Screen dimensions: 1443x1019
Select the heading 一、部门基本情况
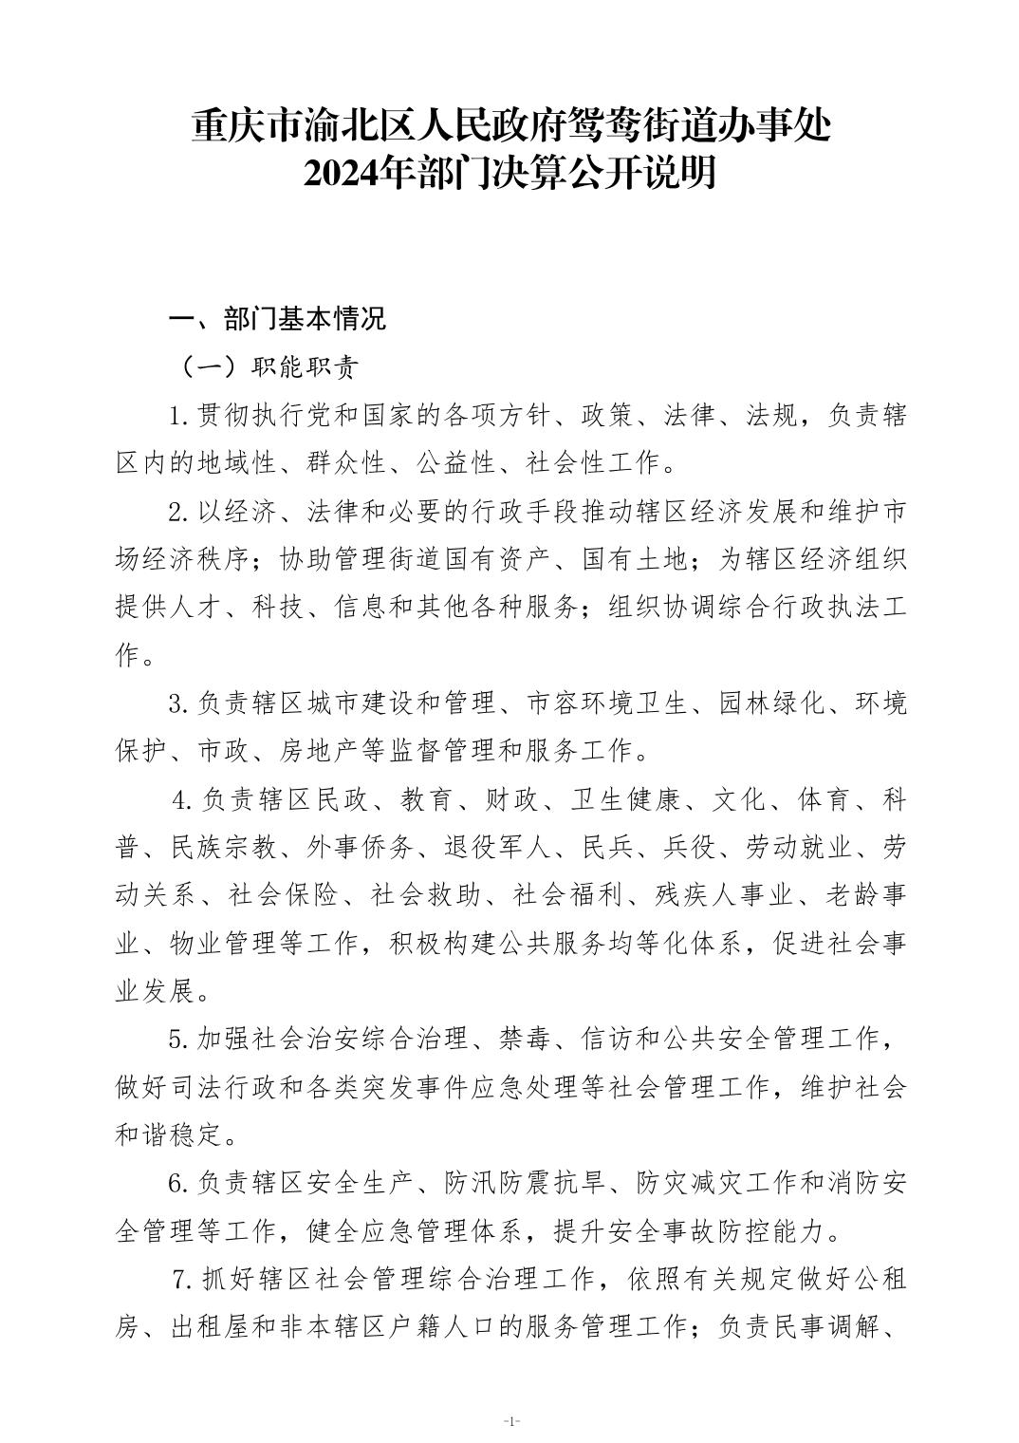pos(277,319)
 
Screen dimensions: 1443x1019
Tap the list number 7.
pos(180,1280)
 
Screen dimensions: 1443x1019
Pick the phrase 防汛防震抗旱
pos(525,1184)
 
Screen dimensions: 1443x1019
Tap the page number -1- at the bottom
pos(510,1421)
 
